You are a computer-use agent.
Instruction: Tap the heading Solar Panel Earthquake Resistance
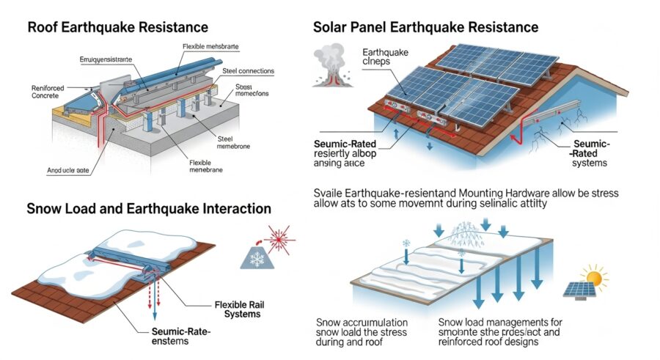coord(426,28)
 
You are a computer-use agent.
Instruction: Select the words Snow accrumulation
coord(361,322)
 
